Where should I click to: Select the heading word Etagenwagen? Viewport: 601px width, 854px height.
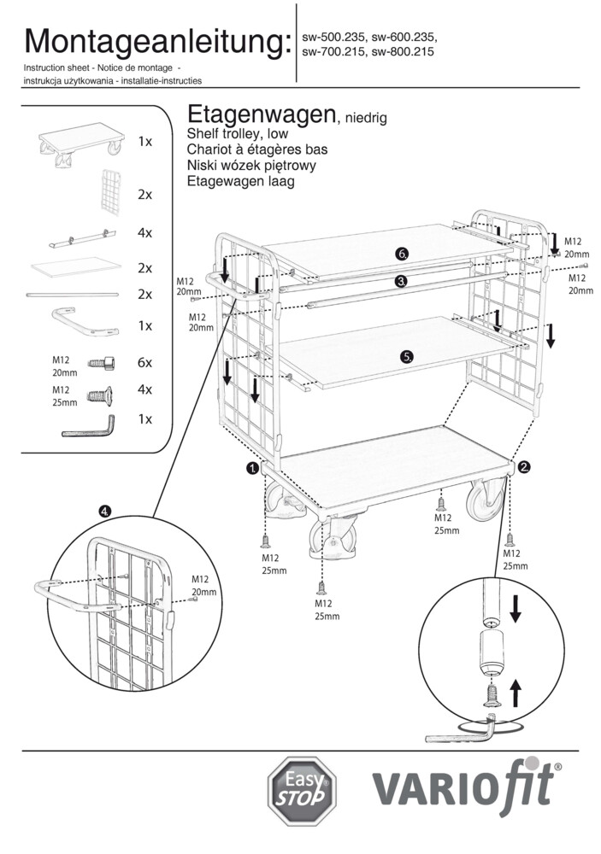coord(260,116)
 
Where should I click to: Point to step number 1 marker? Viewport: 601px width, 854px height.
coord(252,468)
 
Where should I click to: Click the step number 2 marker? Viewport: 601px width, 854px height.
coord(524,466)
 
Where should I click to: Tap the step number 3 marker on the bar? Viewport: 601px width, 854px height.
coord(402,280)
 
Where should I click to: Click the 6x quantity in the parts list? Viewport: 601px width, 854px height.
coord(145,362)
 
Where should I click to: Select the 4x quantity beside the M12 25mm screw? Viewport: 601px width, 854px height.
coord(145,389)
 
